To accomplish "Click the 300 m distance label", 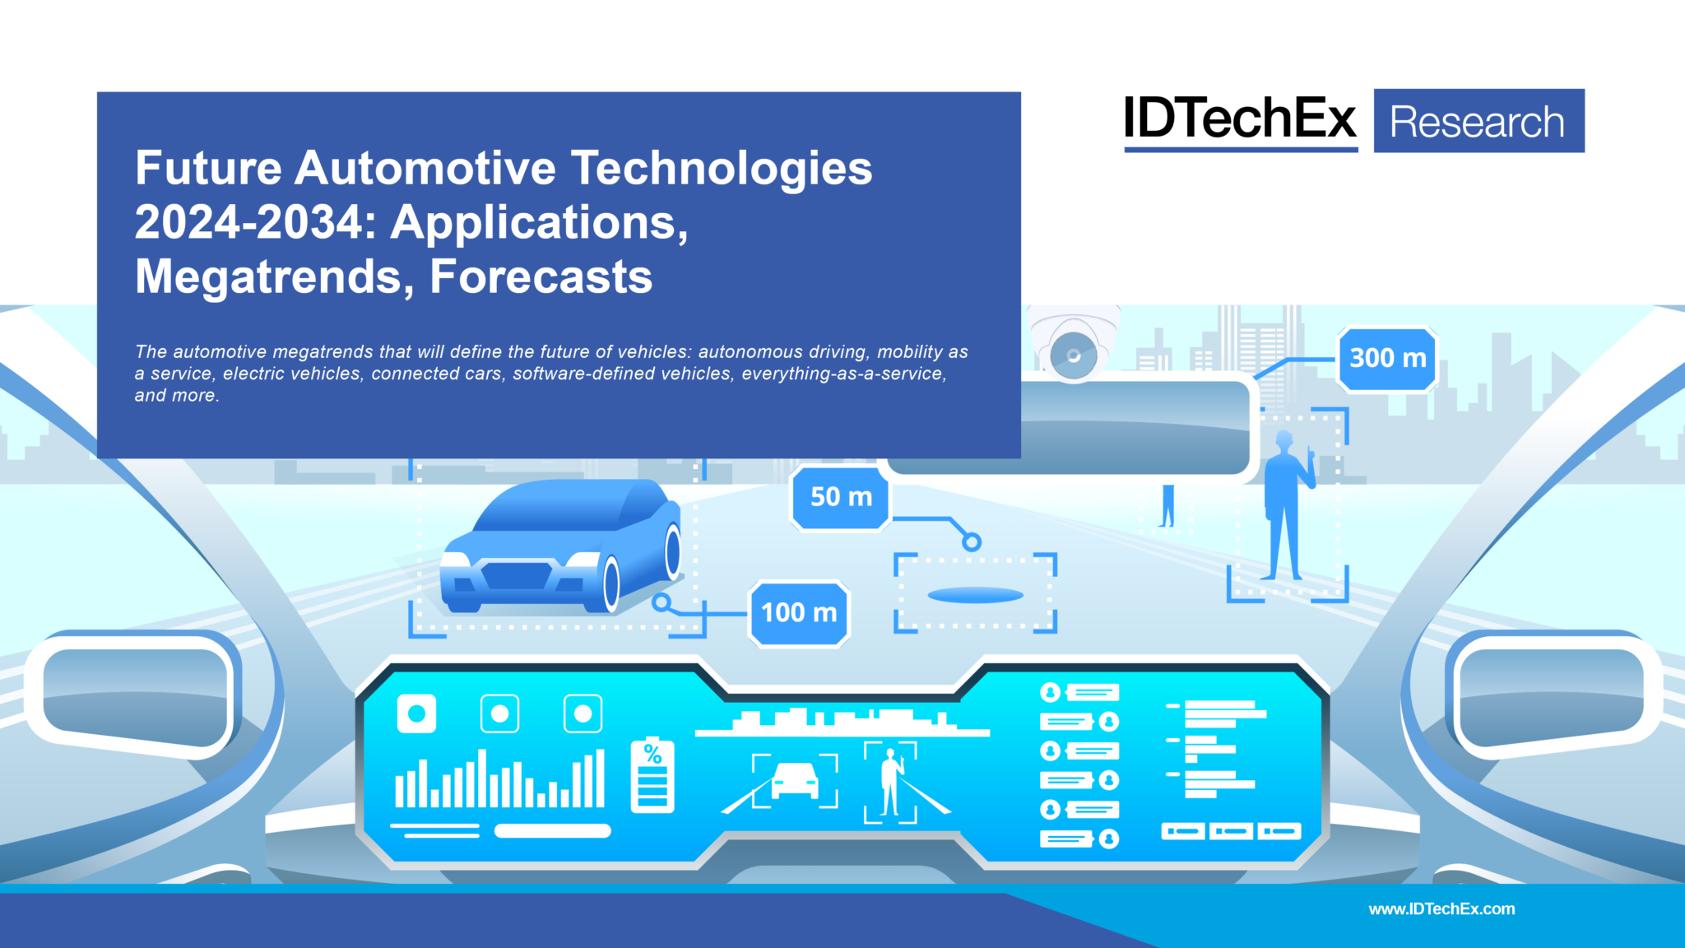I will pyautogui.click(x=1387, y=359).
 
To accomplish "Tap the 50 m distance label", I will pyautogui.click(x=841, y=497).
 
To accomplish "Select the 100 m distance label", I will pyautogui.click(x=799, y=613).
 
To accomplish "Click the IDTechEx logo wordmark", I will pyautogui.click(x=1240, y=119).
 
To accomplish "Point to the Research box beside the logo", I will pyautogui.click(x=1478, y=122).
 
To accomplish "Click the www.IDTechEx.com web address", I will pyautogui.click(x=1441, y=908).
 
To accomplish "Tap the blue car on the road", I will pyautogui.click(x=564, y=546).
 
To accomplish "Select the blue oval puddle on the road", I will pyautogui.click(x=975, y=595).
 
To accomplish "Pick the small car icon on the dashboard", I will pyautogui.click(x=795, y=779).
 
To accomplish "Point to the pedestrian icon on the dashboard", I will pyautogui.click(x=890, y=782).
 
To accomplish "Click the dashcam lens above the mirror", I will pyautogui.click(x=1074, y=356).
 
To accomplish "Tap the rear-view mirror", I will pyautogui.click(x=1070, y=429).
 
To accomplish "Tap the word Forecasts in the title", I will pyautogui.click(x=541, y=276).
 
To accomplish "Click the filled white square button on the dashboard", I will pyautogui.click(x=416, y=713).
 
